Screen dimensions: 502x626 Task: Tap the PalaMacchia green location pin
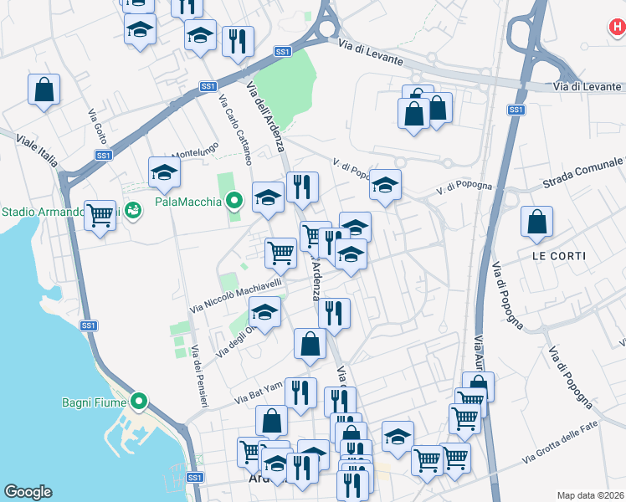point(235,201)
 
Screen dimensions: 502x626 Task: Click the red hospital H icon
point(617,27)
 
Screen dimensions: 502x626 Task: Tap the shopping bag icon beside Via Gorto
point(44,90)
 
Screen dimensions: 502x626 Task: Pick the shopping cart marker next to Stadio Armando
point(100,216)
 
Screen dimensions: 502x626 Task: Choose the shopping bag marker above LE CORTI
point(536,222)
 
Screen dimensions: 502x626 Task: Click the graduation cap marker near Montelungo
point(164,173)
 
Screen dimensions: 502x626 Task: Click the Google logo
point(28,492)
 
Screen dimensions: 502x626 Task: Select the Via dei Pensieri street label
point(198,376)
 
